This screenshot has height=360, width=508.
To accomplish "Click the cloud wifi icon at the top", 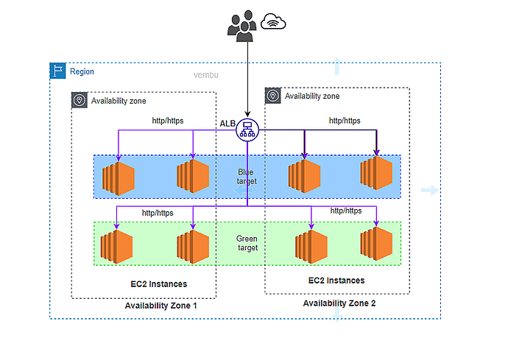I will point(273,23).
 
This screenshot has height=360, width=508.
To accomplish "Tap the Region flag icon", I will point(57,71).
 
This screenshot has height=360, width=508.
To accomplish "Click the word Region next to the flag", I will point(82,71).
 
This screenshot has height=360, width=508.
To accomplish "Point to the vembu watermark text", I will point(207,75).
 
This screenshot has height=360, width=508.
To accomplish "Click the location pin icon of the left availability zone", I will point(79,101).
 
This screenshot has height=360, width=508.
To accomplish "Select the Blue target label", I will point(246,177).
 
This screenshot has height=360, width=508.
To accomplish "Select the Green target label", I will point(247,244).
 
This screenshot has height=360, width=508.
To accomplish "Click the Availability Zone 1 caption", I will point(160,305).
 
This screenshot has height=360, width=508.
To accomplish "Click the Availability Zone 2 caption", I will point(339,303).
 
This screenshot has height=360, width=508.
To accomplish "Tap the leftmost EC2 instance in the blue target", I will point(119,177).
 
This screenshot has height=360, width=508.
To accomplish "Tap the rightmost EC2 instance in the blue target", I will point(376,174).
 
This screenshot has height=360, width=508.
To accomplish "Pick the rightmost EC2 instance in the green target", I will point(376,244).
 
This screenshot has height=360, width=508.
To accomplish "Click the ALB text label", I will point(227,122).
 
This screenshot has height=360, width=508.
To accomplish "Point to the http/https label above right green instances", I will point(347,211).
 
